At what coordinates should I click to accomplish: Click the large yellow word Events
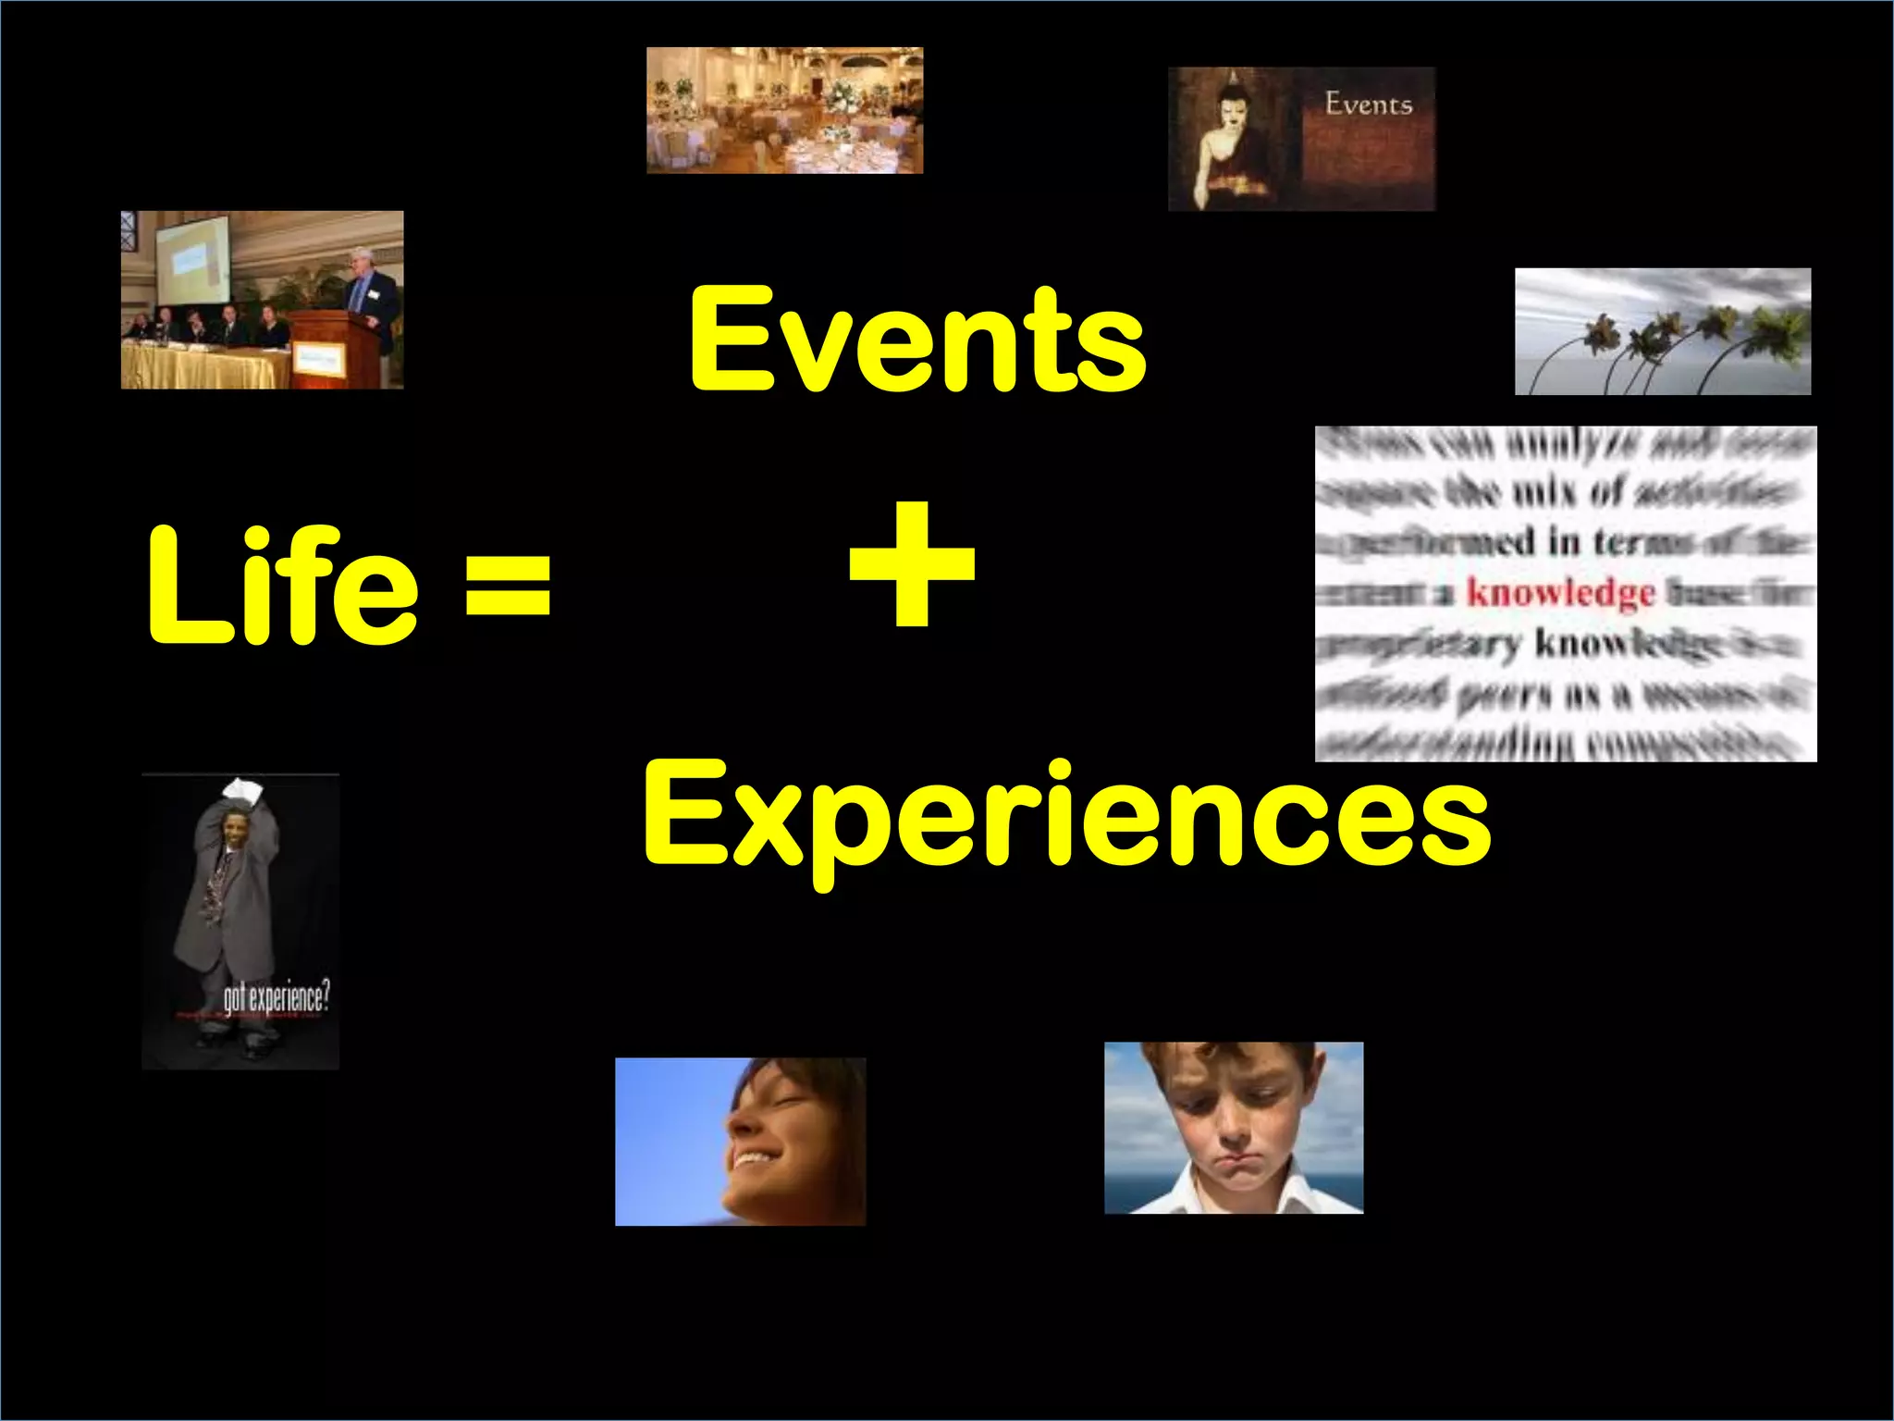pos(917,340)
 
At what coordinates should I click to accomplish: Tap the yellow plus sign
pos(912,564)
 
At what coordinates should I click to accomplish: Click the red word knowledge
pos(1560,592)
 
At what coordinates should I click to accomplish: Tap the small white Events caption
pos(1368,104)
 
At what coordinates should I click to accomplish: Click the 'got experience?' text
pos(276,998)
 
